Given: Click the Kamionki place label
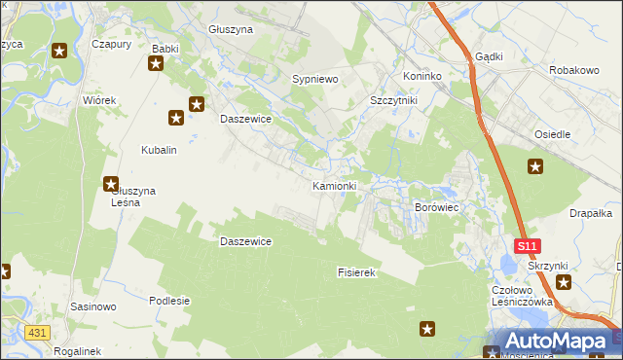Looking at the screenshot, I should click(335, 185).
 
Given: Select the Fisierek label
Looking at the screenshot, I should click(356, 273).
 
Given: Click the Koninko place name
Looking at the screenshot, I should click(422, 76).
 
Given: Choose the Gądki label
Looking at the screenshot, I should click(489, 56).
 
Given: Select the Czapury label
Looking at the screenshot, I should click(111, 44).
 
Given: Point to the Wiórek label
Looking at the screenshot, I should click(100, 100).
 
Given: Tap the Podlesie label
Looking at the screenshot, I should click(168, 301).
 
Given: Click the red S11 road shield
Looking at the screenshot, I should click(527, 247).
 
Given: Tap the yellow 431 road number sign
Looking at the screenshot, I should click(37, 333).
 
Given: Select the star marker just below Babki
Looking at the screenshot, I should click(156, 64).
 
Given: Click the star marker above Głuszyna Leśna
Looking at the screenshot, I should click(111, 183).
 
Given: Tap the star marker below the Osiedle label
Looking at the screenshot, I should click(534, 166).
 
